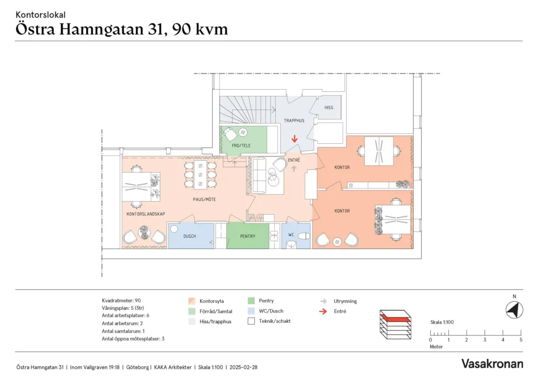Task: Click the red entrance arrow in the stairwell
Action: [x=294, y=139]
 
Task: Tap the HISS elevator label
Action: [x=329, y=108]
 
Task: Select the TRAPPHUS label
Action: [x=294, y=121]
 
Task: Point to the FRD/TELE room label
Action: [x=241, y=145]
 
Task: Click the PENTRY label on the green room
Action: [x=248, y=236]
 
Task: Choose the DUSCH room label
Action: [x=189, y=236]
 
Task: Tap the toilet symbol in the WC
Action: [x=304, y=236]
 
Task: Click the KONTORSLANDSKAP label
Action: [x=146, y=214]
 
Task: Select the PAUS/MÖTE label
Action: [x=204, y=199]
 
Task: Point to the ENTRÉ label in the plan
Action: [x=294, y=160]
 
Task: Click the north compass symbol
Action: [x=514, y=310]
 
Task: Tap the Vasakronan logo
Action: [x=492, y=364]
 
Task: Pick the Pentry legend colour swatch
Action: [x=251, y=301]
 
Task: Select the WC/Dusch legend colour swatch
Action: [x=251, y=311]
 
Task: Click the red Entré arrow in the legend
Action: [x=323, y=311]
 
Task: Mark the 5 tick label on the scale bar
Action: [x=521, y=340]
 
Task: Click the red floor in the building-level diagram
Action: [x=395, y=318]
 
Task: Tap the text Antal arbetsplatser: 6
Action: [x=126, y=315]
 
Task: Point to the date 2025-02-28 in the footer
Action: [x=243, y=367]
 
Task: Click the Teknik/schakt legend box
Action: [x=251, y=321]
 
